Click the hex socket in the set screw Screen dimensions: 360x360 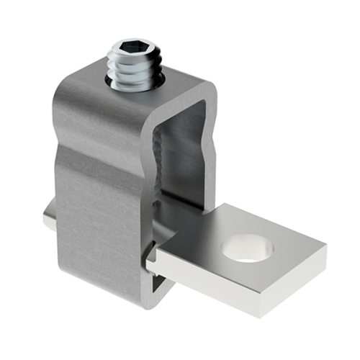[x=130, y=51]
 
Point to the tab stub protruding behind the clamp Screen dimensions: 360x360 [x=48, y=220]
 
